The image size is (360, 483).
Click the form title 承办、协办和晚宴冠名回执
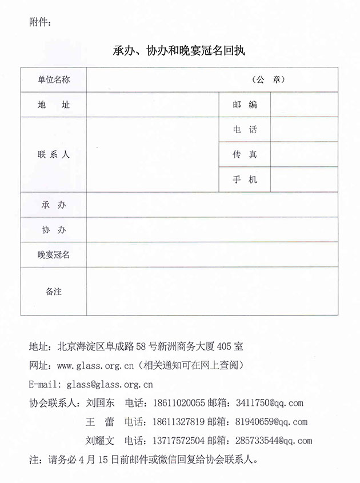point(179,50)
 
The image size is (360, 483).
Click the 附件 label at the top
point(39,23)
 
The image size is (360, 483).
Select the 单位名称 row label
point(54,80)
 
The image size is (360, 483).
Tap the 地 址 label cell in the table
point(54,105)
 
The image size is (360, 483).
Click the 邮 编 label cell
point(245,105)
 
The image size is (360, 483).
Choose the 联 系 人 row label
point(54,154)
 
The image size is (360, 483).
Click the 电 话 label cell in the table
point(245,130)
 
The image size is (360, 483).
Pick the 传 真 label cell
point(245,154)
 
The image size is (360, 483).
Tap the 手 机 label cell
point(245,179)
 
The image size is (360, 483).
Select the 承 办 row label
point(54,205)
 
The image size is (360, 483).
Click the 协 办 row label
point(54,230)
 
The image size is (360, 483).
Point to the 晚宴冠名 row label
point(54,255)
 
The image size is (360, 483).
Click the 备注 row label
point(54,292)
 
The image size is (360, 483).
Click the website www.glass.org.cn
point(95,365)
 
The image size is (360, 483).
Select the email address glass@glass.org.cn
point(110,384)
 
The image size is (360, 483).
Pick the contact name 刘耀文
point(100,441)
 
